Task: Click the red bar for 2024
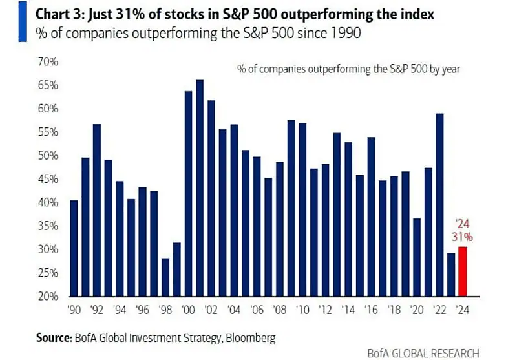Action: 462,271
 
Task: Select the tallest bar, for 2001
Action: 200,187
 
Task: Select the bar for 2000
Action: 188,193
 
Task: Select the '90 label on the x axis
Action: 74,310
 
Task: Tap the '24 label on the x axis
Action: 462,310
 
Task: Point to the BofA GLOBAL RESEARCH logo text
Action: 423,353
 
